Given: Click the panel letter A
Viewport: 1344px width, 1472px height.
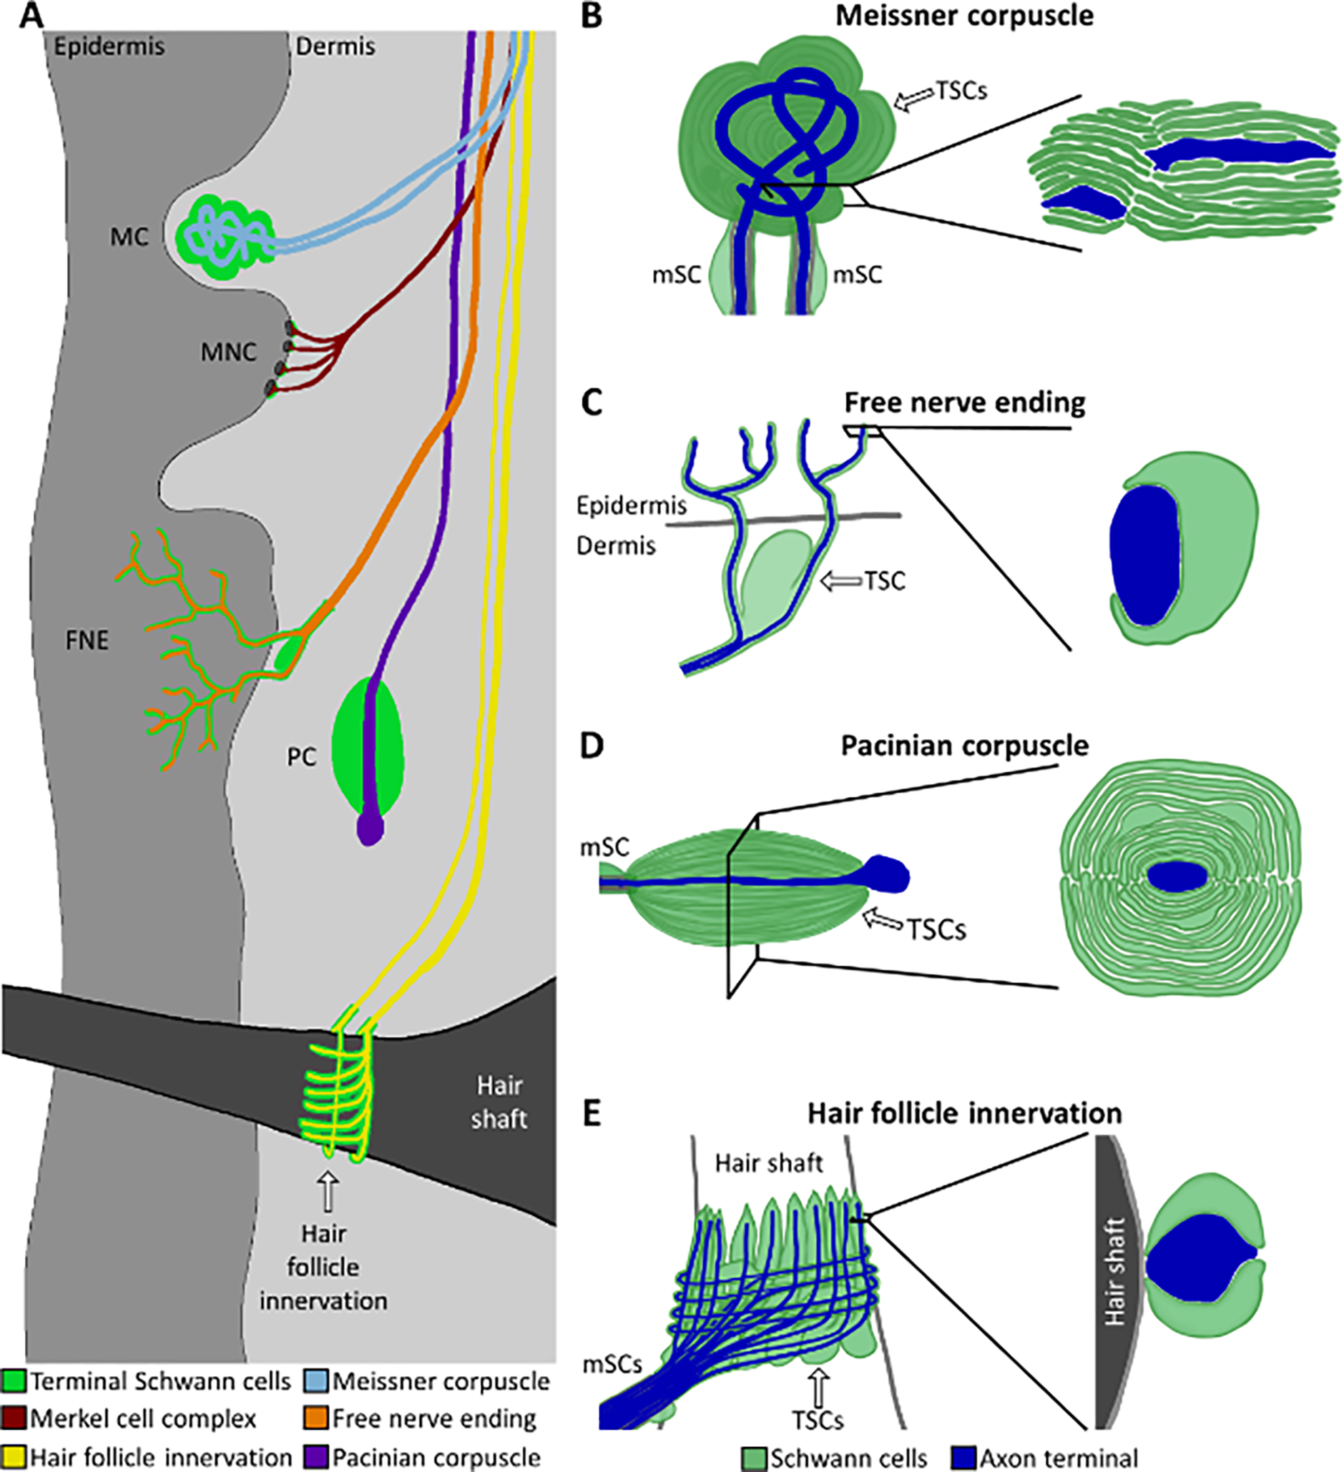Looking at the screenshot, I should [x=31, y=14].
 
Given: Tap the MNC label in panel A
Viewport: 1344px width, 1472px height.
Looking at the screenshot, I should [x=229, y=352].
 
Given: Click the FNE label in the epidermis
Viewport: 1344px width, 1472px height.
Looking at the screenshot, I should [x=87, y=640].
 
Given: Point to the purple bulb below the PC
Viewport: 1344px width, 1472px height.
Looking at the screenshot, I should [x=370, y=829].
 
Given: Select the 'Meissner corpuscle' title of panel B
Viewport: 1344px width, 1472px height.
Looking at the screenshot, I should [x=964, y=14].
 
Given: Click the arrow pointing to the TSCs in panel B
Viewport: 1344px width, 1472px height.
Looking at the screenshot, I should [x=916, y=99].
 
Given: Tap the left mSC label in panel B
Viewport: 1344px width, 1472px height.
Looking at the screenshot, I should [x=677, y=275].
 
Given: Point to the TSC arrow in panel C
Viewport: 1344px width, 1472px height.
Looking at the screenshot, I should [x=840, y=581].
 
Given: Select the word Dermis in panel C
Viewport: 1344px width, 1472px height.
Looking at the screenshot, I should [x=616, y=545].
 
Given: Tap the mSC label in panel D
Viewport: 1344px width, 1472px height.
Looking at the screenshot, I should [x=604, y=848].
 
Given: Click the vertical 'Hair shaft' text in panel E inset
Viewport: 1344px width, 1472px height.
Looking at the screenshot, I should [x=1114, y=1270].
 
